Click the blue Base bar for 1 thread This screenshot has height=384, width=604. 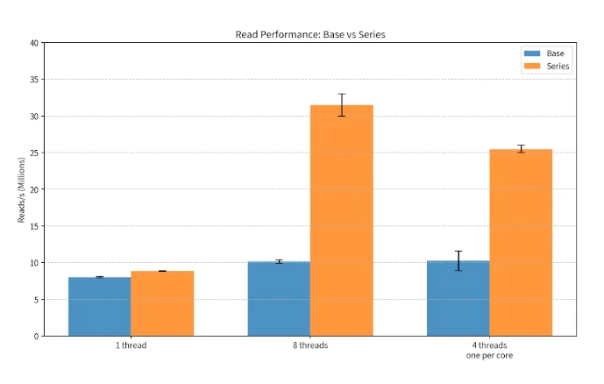point(100,307)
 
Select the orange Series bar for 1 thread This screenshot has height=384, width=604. point(162,303)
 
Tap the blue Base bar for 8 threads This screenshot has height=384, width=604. point(279,299)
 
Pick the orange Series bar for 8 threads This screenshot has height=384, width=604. point(342,220)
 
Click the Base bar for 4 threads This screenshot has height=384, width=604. point(458,298)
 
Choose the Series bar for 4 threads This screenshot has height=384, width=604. point(522,243)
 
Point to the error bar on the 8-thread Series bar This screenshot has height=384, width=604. point(342,104)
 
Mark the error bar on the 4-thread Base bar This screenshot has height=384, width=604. point(458,260)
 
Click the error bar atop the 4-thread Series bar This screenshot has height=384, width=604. point(522,149)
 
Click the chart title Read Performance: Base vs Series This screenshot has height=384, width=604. point(310,34)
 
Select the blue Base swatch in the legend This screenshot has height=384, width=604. point(532,53)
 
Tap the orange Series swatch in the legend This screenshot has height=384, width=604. point(532,67)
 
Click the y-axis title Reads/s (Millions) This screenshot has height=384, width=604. point(21,190)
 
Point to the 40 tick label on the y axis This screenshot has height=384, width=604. point(34,43)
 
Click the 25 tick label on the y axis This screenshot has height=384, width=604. point(34,153)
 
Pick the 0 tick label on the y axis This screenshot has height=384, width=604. point(37,337)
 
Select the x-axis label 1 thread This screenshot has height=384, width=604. point(131,345)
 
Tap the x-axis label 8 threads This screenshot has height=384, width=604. point(310,345)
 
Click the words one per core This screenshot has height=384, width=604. point(489,355)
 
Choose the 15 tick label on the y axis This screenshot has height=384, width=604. point(34,226)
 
